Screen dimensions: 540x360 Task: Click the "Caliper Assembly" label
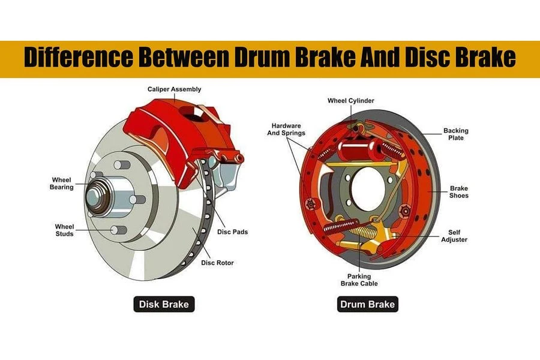click(174, 89)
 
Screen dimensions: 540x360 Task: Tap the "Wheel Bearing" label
click(62, 183)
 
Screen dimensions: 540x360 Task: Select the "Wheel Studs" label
click(64, 230)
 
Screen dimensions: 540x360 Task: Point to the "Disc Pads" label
click(232, 232)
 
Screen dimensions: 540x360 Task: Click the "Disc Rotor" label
click(217, 263)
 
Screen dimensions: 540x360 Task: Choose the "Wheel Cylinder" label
click(350, 101)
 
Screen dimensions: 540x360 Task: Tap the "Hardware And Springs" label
click(286, 129)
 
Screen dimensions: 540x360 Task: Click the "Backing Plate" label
click(455, 134)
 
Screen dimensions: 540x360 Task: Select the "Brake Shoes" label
click(459, 192)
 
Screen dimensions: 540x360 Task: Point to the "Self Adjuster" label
click(454, 236)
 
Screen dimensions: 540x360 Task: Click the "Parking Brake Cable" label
click(359, 280)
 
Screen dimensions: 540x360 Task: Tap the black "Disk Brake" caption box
click(164, 304)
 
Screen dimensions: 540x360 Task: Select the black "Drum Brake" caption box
click(367, 304)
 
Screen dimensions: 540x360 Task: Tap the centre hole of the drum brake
click(368, 189)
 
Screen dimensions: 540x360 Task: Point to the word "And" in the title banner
click(380, 57)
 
